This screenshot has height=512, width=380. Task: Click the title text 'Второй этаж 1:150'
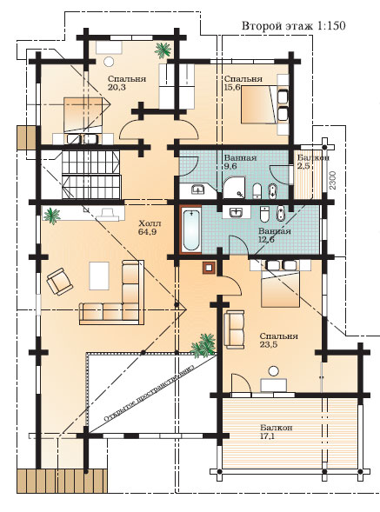pos(293,26)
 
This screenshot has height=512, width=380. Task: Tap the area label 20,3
pos(117,87)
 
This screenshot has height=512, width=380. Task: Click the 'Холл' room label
pos(150,224)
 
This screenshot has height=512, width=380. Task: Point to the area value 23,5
pos(269,344)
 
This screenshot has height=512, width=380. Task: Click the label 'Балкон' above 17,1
pos(277,428)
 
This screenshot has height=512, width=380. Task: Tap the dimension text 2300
pos(333,180)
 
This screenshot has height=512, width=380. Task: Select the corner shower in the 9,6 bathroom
pos(234,188)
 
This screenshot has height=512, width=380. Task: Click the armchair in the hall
pos(59,282)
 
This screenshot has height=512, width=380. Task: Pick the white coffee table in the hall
pos(99,276)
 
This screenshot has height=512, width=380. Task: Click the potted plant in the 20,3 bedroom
pos(163,50)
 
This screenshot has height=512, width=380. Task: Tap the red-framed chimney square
pos(209,268)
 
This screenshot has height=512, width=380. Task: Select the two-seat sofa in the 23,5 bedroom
pos(234,329)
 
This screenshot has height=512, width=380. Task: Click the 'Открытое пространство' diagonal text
pos(149,391)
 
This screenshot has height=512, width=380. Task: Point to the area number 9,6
pos(230,165)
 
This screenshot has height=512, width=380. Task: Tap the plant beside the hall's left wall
pos(51,216)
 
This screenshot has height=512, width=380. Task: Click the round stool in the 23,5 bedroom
pos(273,371)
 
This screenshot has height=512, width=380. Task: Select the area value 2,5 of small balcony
pos(303,165)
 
